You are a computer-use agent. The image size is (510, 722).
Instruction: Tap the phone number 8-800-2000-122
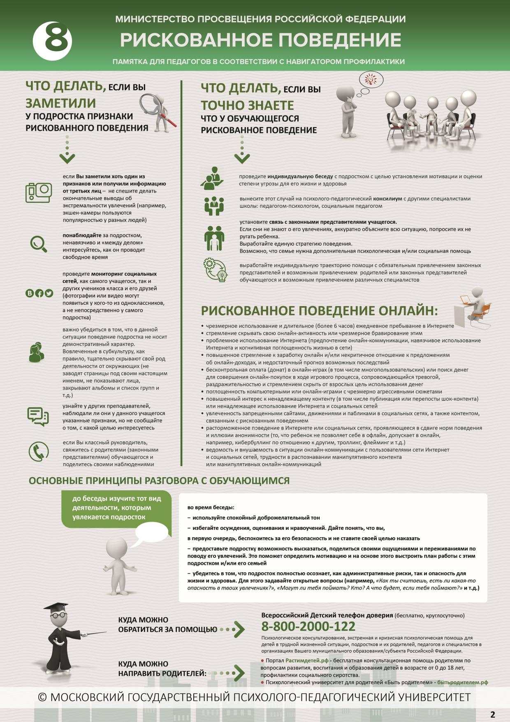tap(308, 626)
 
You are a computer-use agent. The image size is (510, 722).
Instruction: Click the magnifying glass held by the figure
tap(151, 103)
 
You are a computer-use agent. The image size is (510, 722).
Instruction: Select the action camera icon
tap(39, 192)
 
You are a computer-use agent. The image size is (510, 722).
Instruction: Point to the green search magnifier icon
tap(39, 244)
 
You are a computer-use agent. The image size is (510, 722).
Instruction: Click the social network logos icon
tap(39, 293)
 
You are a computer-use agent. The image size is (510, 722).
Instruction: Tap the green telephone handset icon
tap(39, 451)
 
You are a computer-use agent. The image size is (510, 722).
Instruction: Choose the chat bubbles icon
tap(38, 416)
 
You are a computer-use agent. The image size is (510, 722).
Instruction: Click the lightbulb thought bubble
tap(371, 79)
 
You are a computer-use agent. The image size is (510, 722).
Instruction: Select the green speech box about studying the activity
tap(116, 508)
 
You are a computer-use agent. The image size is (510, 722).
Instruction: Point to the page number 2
tap(493, 714)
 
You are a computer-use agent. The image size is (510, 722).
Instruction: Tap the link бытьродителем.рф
tap(462, 682)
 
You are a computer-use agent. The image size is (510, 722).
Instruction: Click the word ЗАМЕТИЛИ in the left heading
tap(60, 102)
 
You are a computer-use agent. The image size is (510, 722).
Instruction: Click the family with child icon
tap(214, 237)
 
